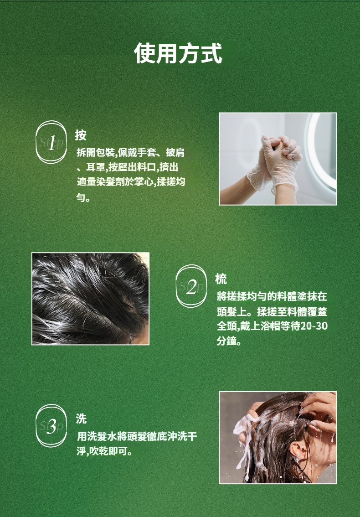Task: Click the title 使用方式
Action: pyautogui.click(x=178, y=53)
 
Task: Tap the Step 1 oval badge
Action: pyautogui.click(x=51, y=142)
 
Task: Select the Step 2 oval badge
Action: pyautogui.click(x=191, y=286)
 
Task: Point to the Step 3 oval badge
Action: pyautogui.click(x=51, y=426)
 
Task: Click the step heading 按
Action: pyautogui.click(x=81, y=135)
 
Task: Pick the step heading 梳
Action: pyautogui.click(x=221, y=279)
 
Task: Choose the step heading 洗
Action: pyautogui.click(x=81, y=419)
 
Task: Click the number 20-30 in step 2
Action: pyautogui.click(x=314, y=326)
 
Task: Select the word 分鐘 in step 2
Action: pyautogui.click(x=226, y=341)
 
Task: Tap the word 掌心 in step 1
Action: pyautogui.click(x=144, y=181)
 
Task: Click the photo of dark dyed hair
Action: pyautogui.click(x=90, y=299)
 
